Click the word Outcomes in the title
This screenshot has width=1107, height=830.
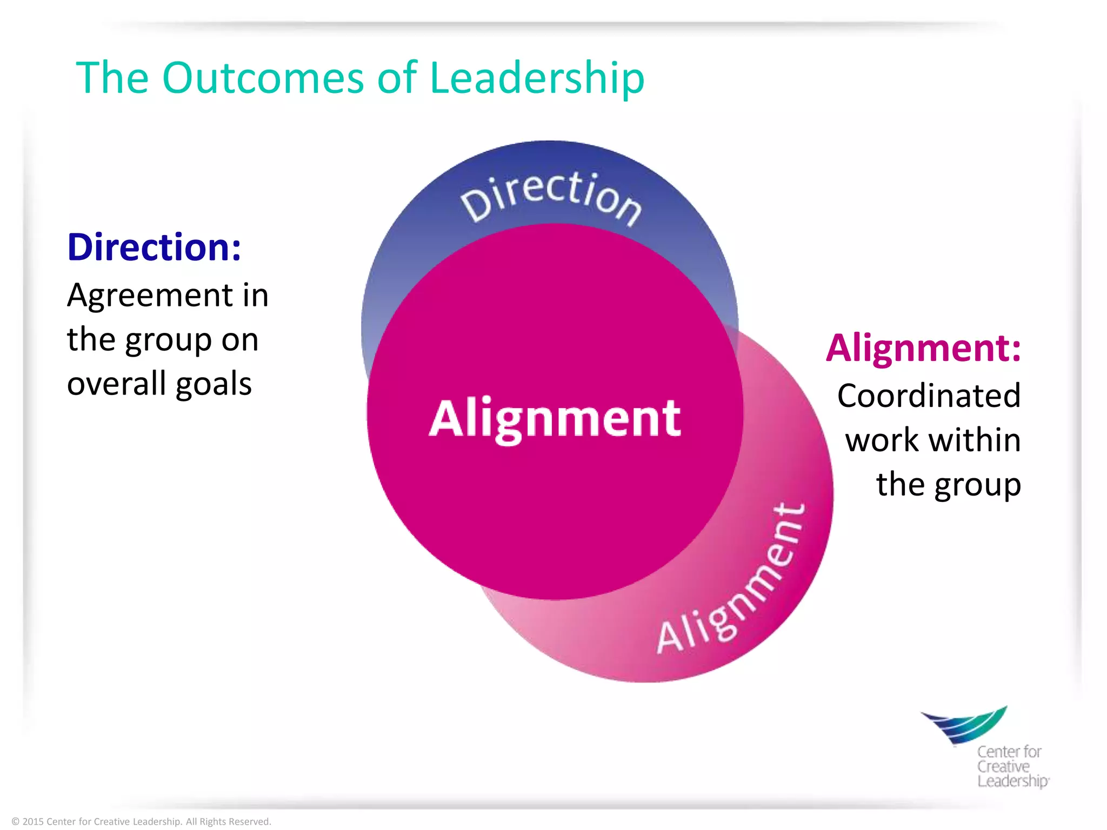[263, 78]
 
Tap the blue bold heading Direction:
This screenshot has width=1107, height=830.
[154, 247]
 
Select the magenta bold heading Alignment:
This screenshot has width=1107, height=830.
[923, 349]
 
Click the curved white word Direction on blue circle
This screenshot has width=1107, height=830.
[551, 197]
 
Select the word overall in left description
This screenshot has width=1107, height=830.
[116, 384]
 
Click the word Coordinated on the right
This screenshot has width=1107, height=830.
[929, 396]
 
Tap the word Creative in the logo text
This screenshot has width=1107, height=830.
[1003, 767]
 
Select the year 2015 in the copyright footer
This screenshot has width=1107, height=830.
[33, 822]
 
